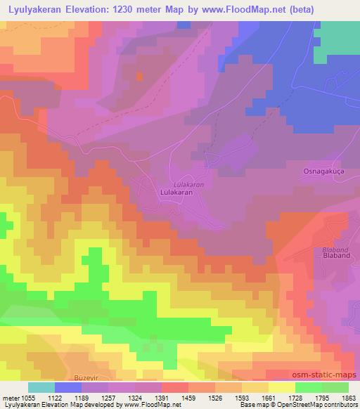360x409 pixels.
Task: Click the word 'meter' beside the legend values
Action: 12,398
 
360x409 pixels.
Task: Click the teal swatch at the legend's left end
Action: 41,387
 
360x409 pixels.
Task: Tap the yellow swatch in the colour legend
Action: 282,387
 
